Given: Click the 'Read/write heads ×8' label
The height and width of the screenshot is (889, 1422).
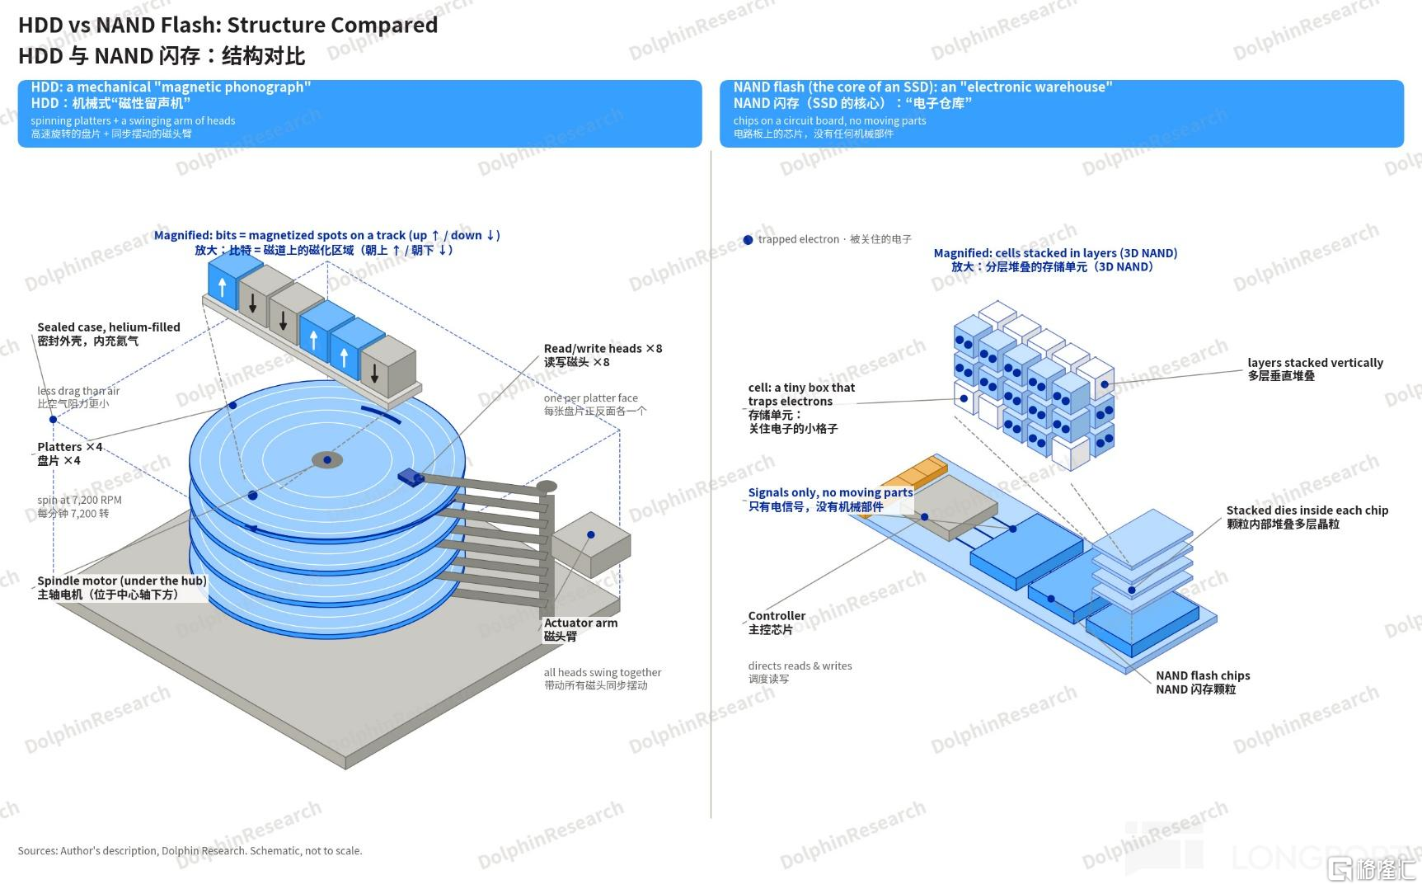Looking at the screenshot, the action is (603, 349).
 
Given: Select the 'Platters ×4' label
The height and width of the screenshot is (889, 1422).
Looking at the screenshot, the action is (70, 447).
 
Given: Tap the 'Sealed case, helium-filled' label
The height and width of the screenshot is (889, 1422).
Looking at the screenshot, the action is (109, 327).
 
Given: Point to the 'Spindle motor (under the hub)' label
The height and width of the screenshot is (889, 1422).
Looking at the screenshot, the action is (122, 581).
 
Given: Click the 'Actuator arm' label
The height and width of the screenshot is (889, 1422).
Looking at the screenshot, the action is (580, 623).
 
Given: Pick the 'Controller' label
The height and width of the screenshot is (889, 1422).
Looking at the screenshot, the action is (777, 616).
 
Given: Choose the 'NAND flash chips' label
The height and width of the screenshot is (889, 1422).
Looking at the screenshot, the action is (1203, 675).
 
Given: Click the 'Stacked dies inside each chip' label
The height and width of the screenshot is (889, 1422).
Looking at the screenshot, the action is (1307, 510).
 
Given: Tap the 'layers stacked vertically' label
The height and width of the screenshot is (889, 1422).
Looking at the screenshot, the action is (1315, 363).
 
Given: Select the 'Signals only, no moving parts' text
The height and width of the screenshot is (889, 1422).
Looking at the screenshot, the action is (830, 492).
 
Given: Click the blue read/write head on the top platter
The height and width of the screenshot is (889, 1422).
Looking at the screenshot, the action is (411, 476).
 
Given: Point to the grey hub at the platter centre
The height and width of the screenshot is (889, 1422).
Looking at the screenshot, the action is (327, 460).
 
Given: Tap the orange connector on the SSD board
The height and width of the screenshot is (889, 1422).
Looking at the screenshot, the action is (913, 473).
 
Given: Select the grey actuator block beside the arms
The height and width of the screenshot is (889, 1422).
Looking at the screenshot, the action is (591, 544).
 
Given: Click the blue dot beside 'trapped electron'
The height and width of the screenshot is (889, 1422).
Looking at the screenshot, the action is (748, 240).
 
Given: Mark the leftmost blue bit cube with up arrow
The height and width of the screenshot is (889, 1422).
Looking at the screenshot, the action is (223, 278).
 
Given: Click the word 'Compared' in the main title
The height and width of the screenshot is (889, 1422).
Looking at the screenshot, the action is (384, 25).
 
